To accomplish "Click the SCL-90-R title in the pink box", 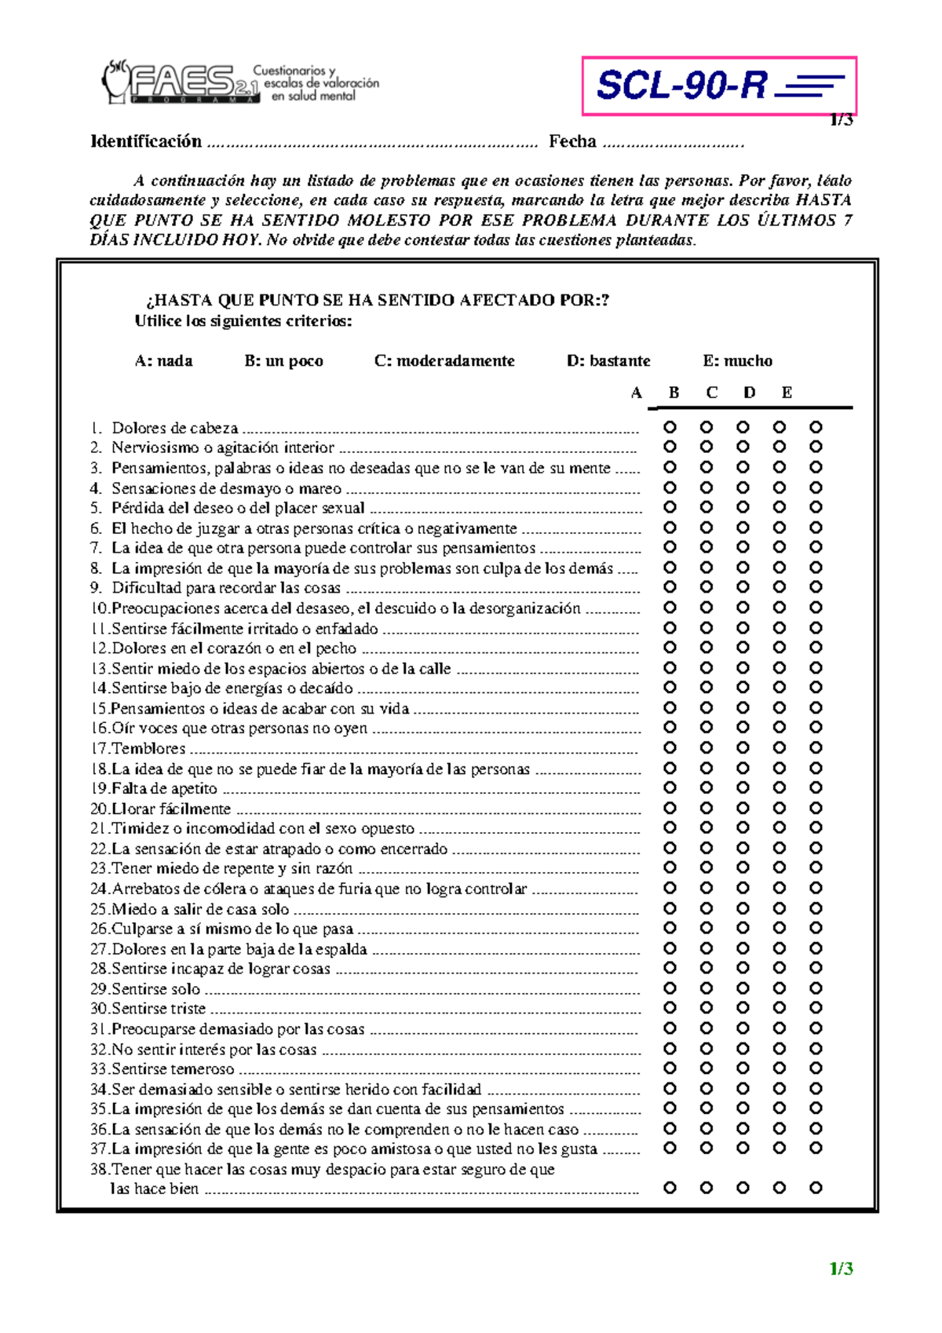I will (681, 85).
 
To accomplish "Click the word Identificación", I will (147, 141).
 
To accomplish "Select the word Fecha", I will (572, 141).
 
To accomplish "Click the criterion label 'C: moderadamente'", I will (444, 361).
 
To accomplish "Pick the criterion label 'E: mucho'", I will (737, 361).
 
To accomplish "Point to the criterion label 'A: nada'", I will (163, 361).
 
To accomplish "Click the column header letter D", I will (749, 393).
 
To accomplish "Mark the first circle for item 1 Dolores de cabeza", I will (670, 427).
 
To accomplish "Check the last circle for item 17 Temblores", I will (816, 747).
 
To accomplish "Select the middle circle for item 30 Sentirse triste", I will (743, 1008).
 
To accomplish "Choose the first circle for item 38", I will (670, 1188).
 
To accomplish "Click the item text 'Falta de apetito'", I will (164, 788).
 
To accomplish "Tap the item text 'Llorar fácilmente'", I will (171, 809).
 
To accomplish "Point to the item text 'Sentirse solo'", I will (155, 989).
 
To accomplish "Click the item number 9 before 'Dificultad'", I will (95, 588).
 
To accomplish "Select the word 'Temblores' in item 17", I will (148, 748).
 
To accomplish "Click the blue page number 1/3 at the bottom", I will (841, 1269).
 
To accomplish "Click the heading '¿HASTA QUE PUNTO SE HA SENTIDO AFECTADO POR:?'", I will (378, 300).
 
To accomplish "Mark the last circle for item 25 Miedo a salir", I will (816, 908).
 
